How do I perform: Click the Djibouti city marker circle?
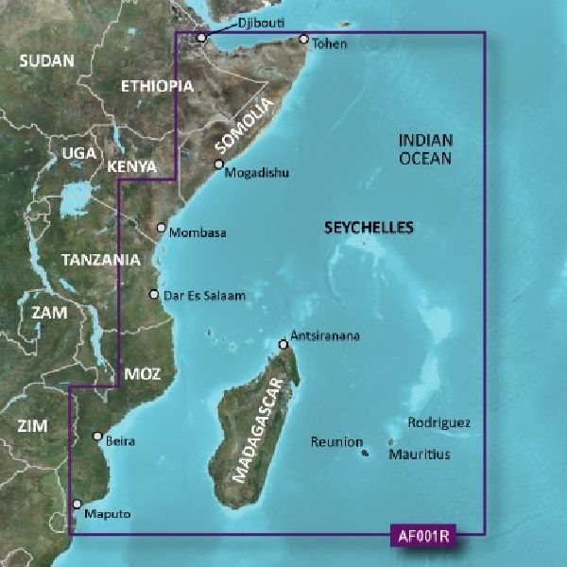click(x=201, y=38)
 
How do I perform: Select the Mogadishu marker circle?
click(x=218, y=164)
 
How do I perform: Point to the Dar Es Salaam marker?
click(x=154, y=295)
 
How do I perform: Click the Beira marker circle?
click(x=97, y=436)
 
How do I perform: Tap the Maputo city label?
click(x=106, y=514)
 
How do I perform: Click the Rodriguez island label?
click(x=438, y=423)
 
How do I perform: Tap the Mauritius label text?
click(x=419, y=455)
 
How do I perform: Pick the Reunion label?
click(x=337, y=441)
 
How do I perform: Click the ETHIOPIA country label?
click(x=158, y=86)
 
